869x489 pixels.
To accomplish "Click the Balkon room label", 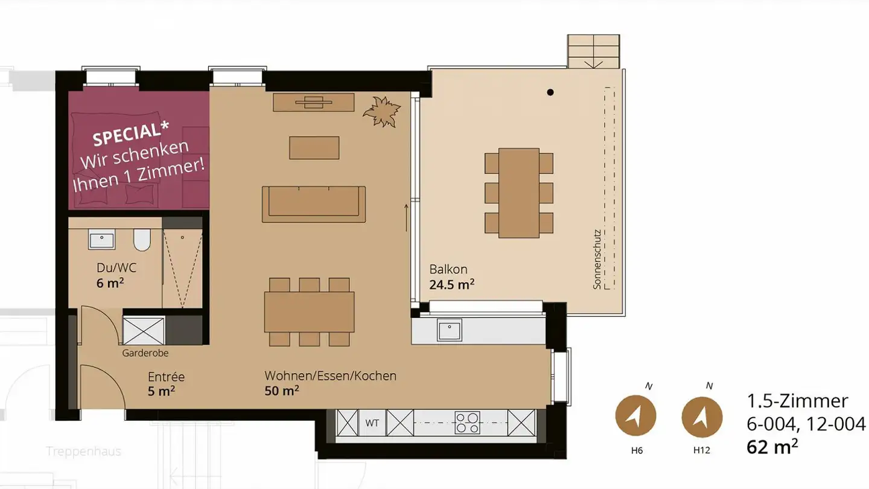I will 448,269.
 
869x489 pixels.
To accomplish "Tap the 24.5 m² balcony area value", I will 451,285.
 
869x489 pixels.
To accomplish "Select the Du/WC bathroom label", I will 116,267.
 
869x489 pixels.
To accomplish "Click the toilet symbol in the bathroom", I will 142,240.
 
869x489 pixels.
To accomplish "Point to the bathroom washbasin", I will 103,240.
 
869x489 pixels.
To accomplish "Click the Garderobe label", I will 145,353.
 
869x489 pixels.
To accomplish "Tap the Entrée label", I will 166,377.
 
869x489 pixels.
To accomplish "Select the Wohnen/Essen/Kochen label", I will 330,376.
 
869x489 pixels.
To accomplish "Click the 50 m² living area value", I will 282,391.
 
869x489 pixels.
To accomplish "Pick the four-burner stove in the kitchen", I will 467,422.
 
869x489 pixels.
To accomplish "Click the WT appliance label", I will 372,423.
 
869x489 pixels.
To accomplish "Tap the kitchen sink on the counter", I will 450,330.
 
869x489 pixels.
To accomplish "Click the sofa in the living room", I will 313,204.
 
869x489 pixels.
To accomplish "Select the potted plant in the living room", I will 382,112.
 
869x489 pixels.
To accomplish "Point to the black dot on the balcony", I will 550,92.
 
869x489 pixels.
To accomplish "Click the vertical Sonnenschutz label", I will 597,258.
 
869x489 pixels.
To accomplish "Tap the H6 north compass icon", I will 635,416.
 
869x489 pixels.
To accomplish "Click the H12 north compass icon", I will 702,417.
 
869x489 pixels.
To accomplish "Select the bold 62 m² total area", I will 772,447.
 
